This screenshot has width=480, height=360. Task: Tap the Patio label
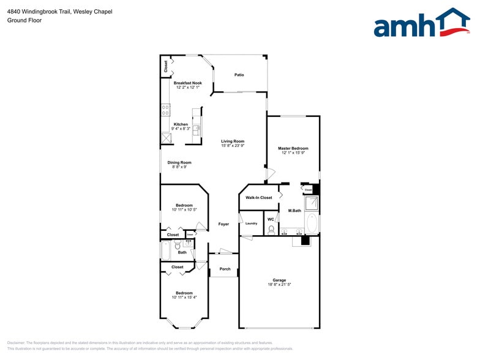click(239, 75)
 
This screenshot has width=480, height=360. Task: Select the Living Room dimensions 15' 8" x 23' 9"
click(233, 146)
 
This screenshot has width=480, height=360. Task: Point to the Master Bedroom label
click(293, 148)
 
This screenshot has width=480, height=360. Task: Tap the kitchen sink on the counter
click(197, 129)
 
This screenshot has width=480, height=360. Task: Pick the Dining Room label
click(179, 162)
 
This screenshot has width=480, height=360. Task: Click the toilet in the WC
click(271, 230)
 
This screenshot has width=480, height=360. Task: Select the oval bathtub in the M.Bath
click(312, 223)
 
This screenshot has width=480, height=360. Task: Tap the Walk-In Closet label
click(259, 198)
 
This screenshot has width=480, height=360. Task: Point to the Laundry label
click(251, 223)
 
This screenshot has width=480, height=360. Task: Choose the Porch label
click(225, 269)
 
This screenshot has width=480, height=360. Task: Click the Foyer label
click(224, 224)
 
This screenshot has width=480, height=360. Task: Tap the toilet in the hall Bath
click(188, 243)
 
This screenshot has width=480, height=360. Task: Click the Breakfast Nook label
click(187, 83)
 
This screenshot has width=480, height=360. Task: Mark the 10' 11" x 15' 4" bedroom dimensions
click(184, 297)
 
